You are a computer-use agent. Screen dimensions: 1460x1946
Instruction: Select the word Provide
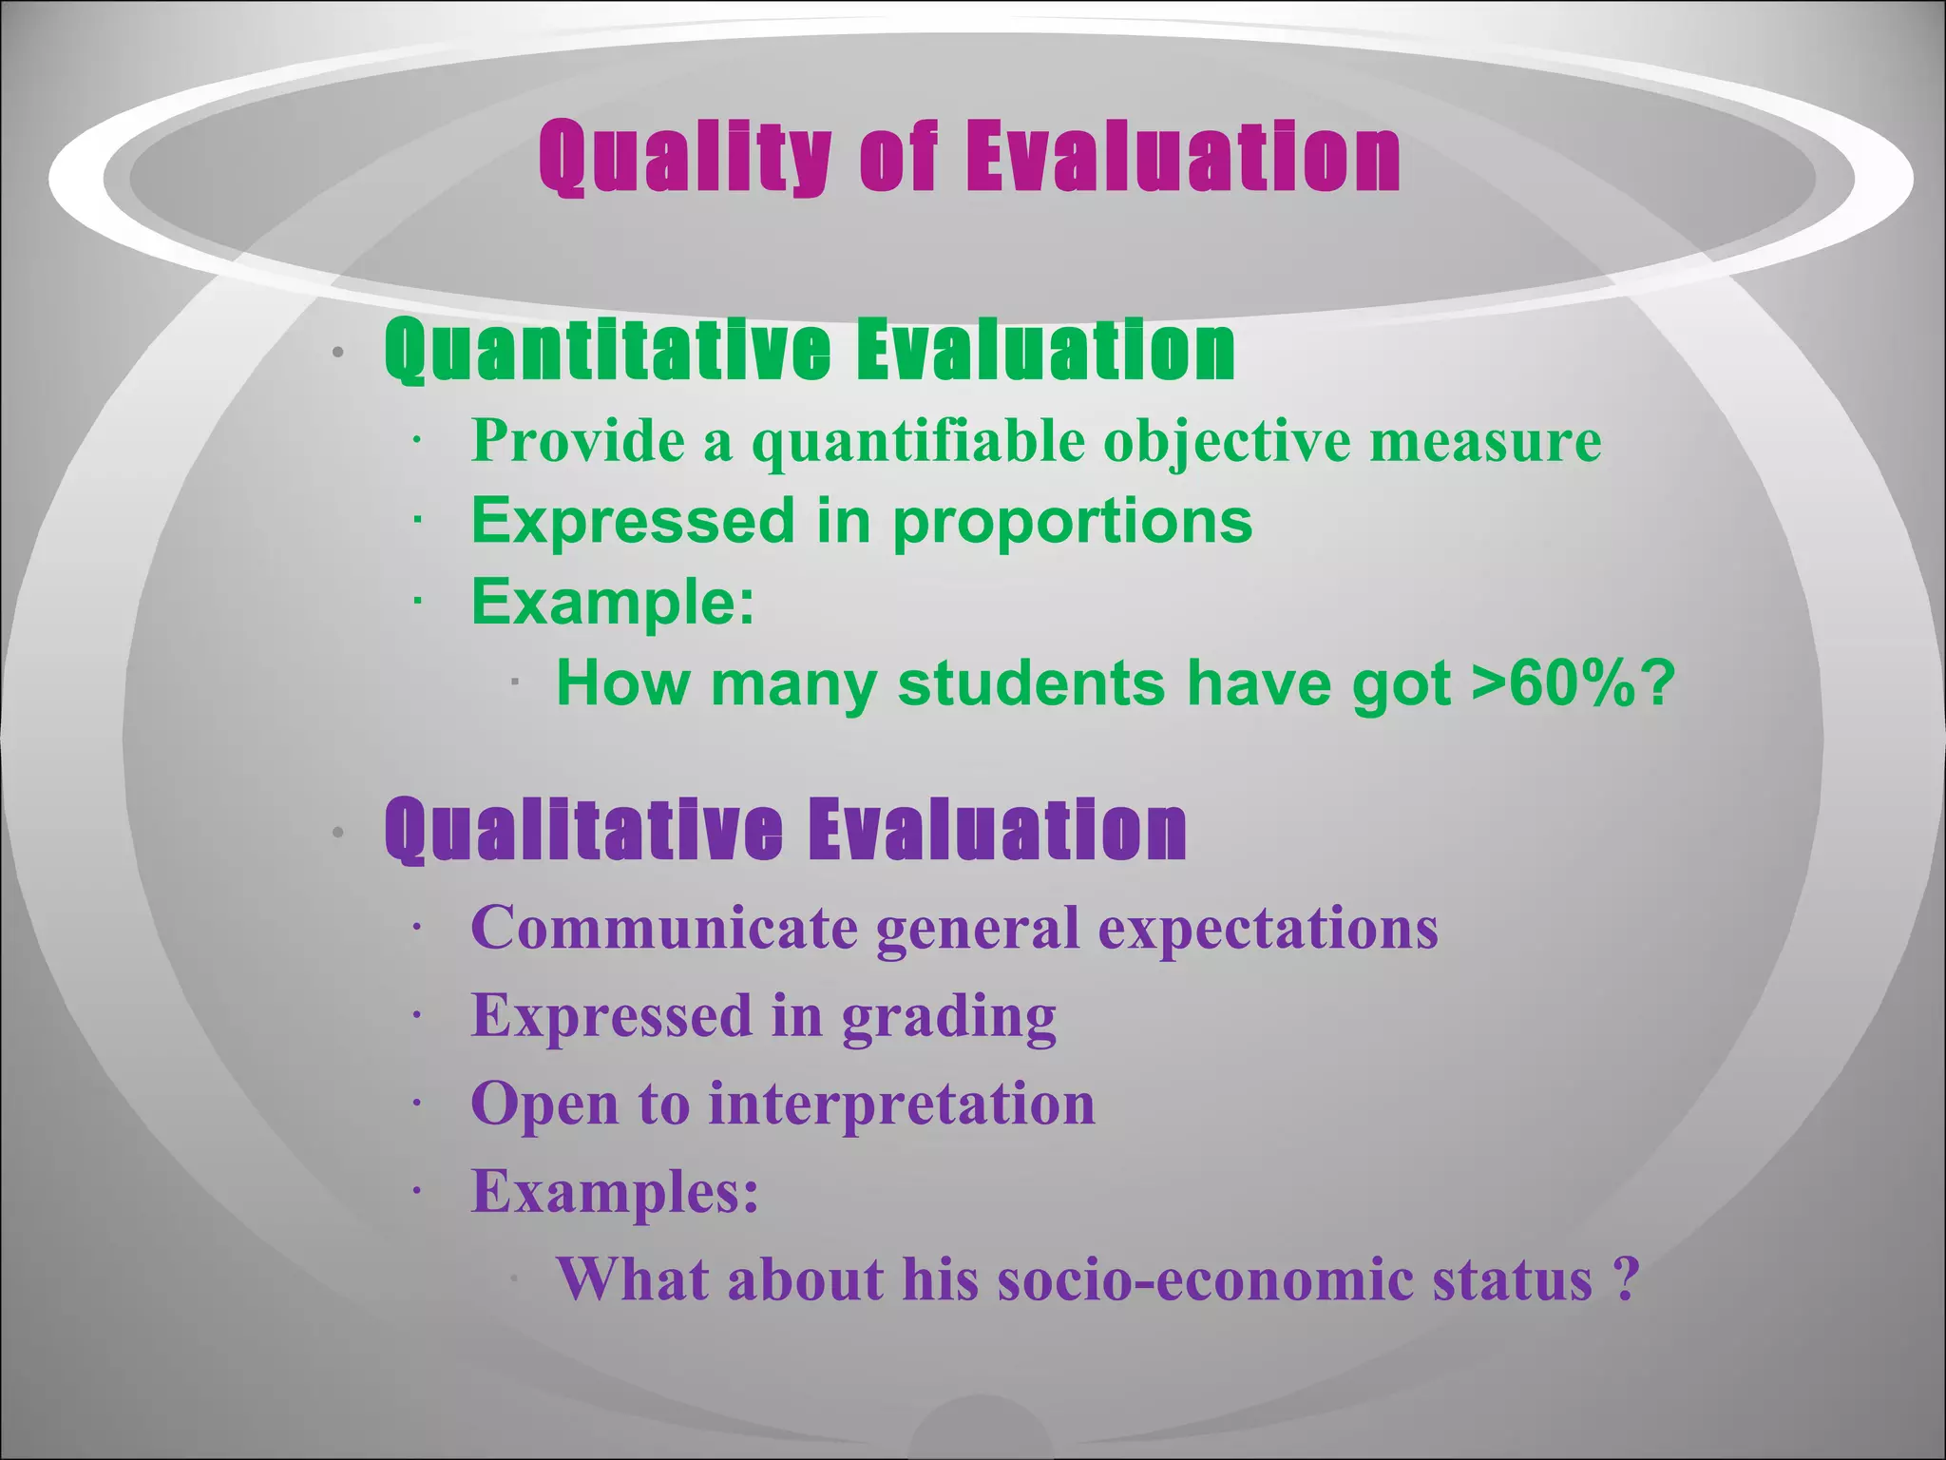point(578,441)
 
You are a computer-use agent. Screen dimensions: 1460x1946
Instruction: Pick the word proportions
point(1072,523)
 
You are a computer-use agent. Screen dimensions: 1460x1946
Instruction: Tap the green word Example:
point(613,603)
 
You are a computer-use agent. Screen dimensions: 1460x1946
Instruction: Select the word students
point(1031,683)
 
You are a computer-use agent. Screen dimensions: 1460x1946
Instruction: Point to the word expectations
point(1268,929)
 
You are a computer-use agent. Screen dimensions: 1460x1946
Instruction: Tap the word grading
point(948,1017)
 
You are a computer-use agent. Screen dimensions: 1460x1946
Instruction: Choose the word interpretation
point(902,1105)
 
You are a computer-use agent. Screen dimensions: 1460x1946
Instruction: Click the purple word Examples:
point(615,1191)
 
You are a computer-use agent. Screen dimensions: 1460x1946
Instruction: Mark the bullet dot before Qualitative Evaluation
point(337,834)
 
